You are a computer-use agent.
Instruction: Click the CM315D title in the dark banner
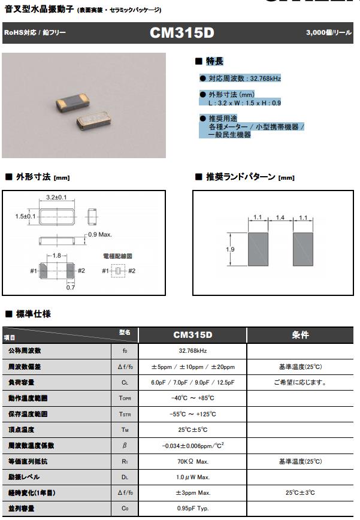[181, 33]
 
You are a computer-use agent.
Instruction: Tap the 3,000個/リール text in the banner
[328, 33]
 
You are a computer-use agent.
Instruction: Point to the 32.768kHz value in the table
[193, 350]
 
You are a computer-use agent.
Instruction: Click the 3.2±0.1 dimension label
[56, 197]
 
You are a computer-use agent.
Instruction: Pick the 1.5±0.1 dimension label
[25, 216]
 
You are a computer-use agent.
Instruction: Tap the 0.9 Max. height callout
[99, 234]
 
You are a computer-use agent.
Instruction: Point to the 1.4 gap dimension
[280, 219]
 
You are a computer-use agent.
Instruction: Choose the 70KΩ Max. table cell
[193, 462]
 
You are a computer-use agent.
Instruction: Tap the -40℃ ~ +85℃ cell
[193, 398]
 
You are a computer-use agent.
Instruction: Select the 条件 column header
[300, 335]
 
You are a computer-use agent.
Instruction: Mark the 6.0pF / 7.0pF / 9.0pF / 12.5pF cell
[193, 382]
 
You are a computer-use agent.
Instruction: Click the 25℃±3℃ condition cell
[300, 493]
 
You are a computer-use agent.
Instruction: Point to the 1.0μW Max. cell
[193, 477]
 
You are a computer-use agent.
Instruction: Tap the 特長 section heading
[214, 61]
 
